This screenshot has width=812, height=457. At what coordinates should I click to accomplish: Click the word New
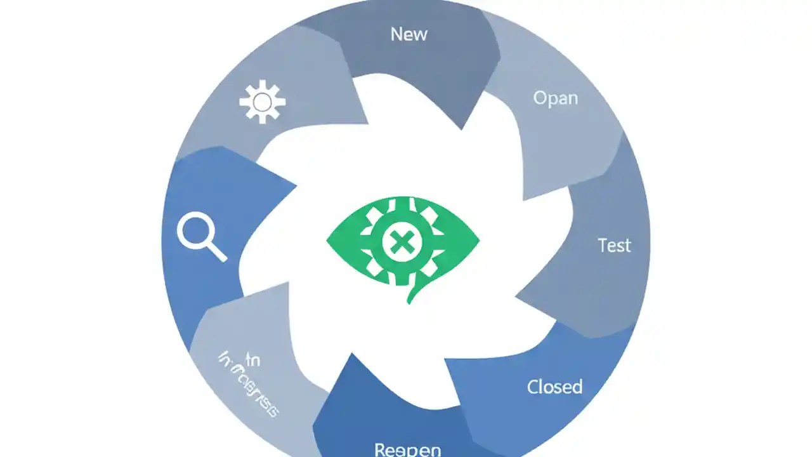pyautogui.click(x=409, y=34)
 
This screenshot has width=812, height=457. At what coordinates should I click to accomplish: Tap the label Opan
pyautogui.click(x=555, y=98)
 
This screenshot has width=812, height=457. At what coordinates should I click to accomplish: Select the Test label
pyautogui.click(x=614, y=245)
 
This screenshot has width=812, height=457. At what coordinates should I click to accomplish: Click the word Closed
pyautogui.click(x=554, y=387)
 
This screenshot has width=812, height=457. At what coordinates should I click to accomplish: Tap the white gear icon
pyautogui.click(x=262, y=101)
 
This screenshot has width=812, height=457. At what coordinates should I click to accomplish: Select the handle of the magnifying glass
pyautogui.click(x=216, y=251)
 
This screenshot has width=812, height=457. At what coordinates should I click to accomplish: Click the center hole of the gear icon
pyautogui.click(x=262, y=102)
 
